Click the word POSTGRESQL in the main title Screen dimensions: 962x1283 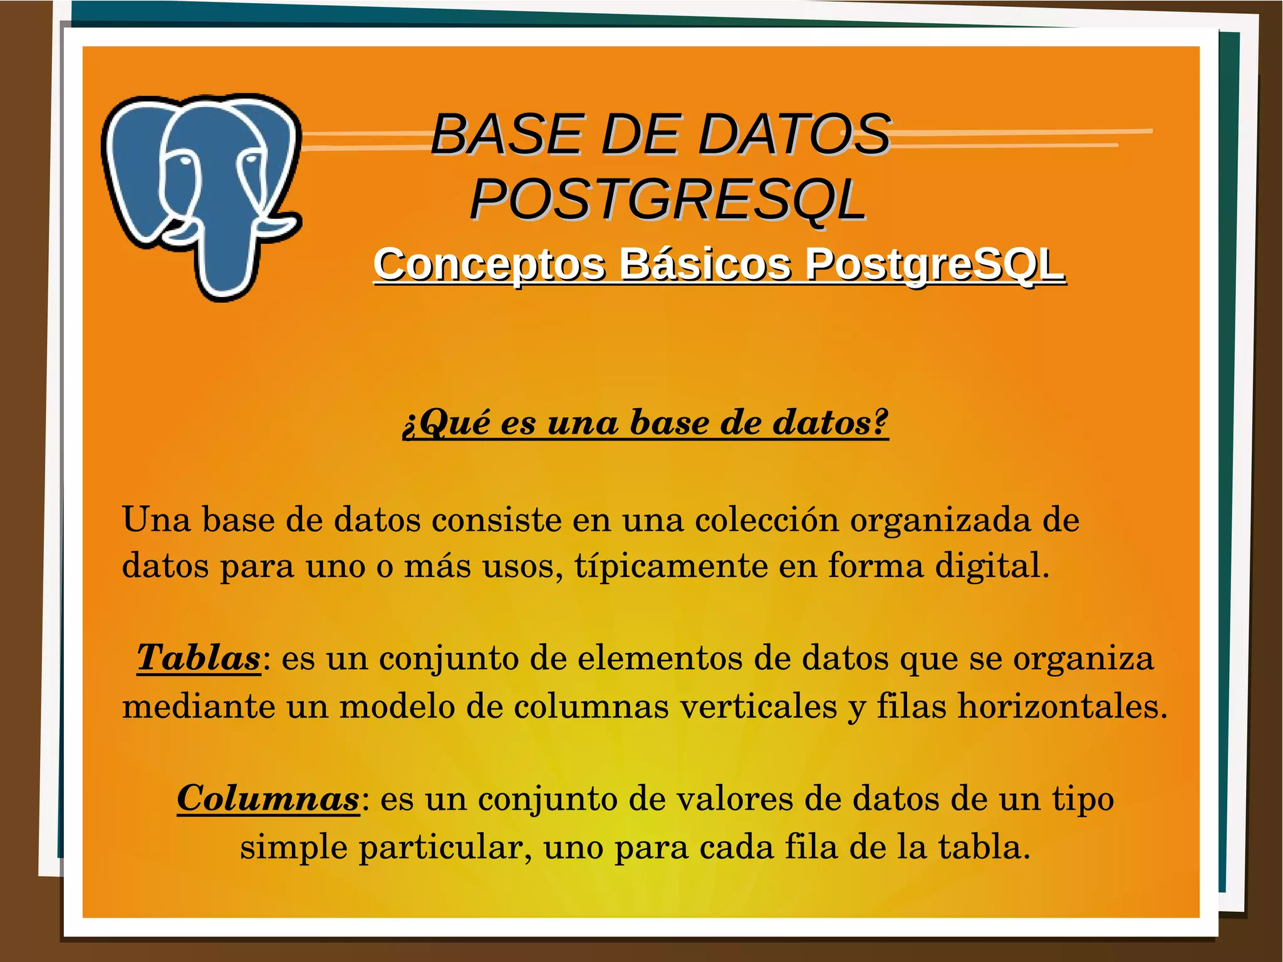click(668, 199)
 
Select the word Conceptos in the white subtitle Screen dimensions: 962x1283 click(489, 264)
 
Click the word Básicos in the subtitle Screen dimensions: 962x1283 click(705, 264)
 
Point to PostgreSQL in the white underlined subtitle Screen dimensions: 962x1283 click(935, 264)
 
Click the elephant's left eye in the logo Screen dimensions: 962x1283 click(185, 162)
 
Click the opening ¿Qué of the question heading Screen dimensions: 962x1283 click(446, 422)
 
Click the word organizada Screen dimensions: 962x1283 click(940, 520)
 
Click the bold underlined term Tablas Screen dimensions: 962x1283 click(198, 657)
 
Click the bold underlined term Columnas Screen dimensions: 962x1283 click(268, 798)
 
